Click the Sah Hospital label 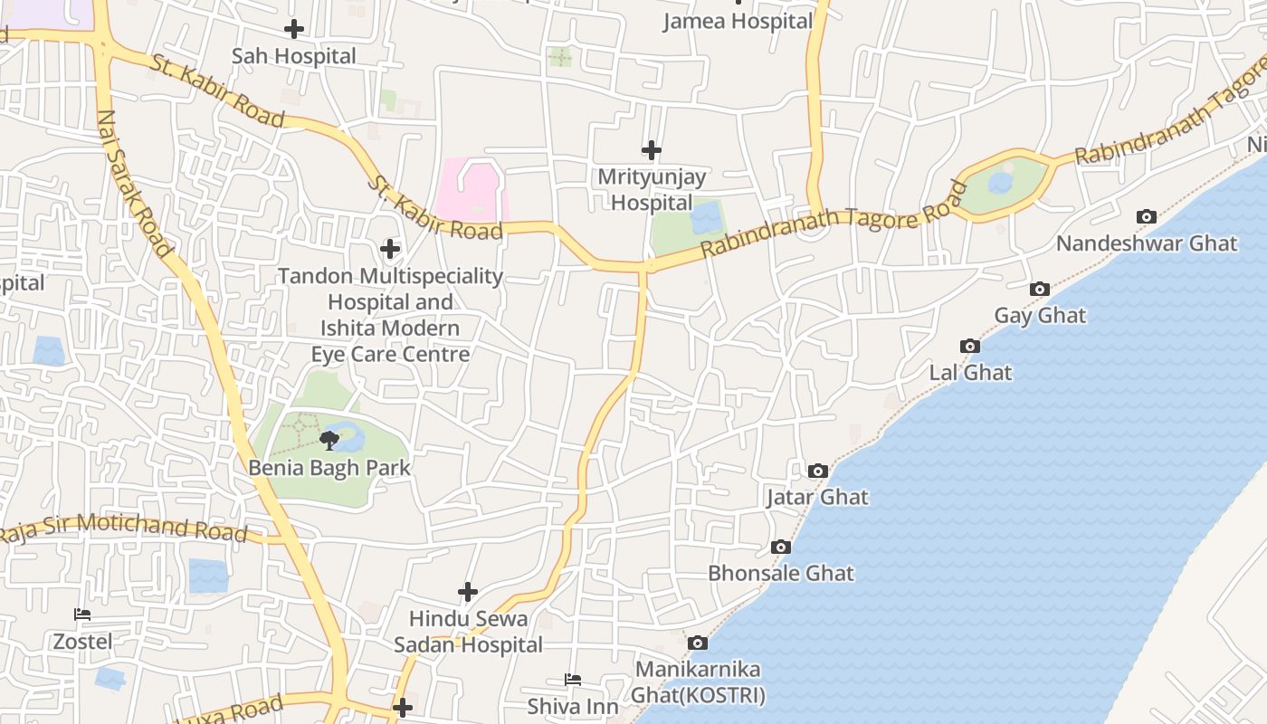point(293,56)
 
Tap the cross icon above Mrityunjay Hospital point(651,149)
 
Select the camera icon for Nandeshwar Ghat point(1146,216)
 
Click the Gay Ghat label point(1040,316)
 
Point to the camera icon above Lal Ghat point(969,346)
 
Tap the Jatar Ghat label point(816,497)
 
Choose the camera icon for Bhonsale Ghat point(780,547)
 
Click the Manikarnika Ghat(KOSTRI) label point(700,682)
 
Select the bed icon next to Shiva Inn point(572,679)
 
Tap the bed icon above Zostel point(82,614)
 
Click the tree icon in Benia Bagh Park point(329,441)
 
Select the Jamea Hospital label point(738,21)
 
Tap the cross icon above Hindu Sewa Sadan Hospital point(467,592)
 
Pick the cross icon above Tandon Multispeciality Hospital point(390,248)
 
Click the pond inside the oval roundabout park point(999,183)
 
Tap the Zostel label point(82,642)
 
